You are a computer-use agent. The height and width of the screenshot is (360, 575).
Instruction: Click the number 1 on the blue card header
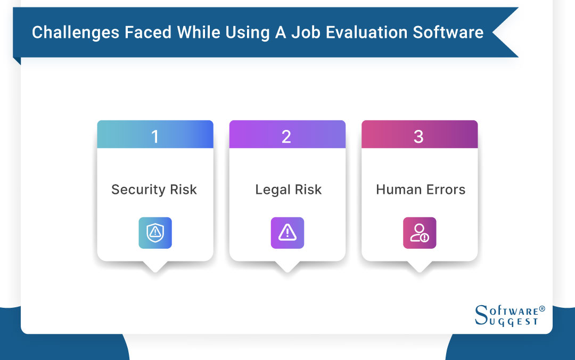click(155, 137)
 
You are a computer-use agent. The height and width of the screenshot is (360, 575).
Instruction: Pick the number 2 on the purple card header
click(286, 137)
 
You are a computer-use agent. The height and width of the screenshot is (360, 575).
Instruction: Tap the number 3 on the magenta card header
click(418, 137)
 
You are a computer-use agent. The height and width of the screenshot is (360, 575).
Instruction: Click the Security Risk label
click(154, 190)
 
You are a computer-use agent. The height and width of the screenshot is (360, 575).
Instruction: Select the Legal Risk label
click(288, 190)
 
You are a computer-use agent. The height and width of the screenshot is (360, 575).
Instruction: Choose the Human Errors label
click(421, 190)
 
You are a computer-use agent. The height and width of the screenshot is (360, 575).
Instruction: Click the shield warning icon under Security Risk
click(155, 233)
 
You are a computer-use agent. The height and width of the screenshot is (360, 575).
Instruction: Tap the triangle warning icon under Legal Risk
click(287, 233)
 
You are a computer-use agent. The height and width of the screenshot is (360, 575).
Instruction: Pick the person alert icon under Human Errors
click(420, 233)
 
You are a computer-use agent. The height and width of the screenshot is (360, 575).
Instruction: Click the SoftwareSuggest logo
click(509, 315)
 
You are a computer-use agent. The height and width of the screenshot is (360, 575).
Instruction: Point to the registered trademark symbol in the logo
click(542, 309)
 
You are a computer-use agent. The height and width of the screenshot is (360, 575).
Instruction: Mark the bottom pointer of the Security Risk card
click(155, 267)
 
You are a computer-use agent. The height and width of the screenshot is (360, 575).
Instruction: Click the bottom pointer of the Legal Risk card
click(287, 267)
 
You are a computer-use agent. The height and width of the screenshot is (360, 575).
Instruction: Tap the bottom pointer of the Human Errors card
click(419, 267)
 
